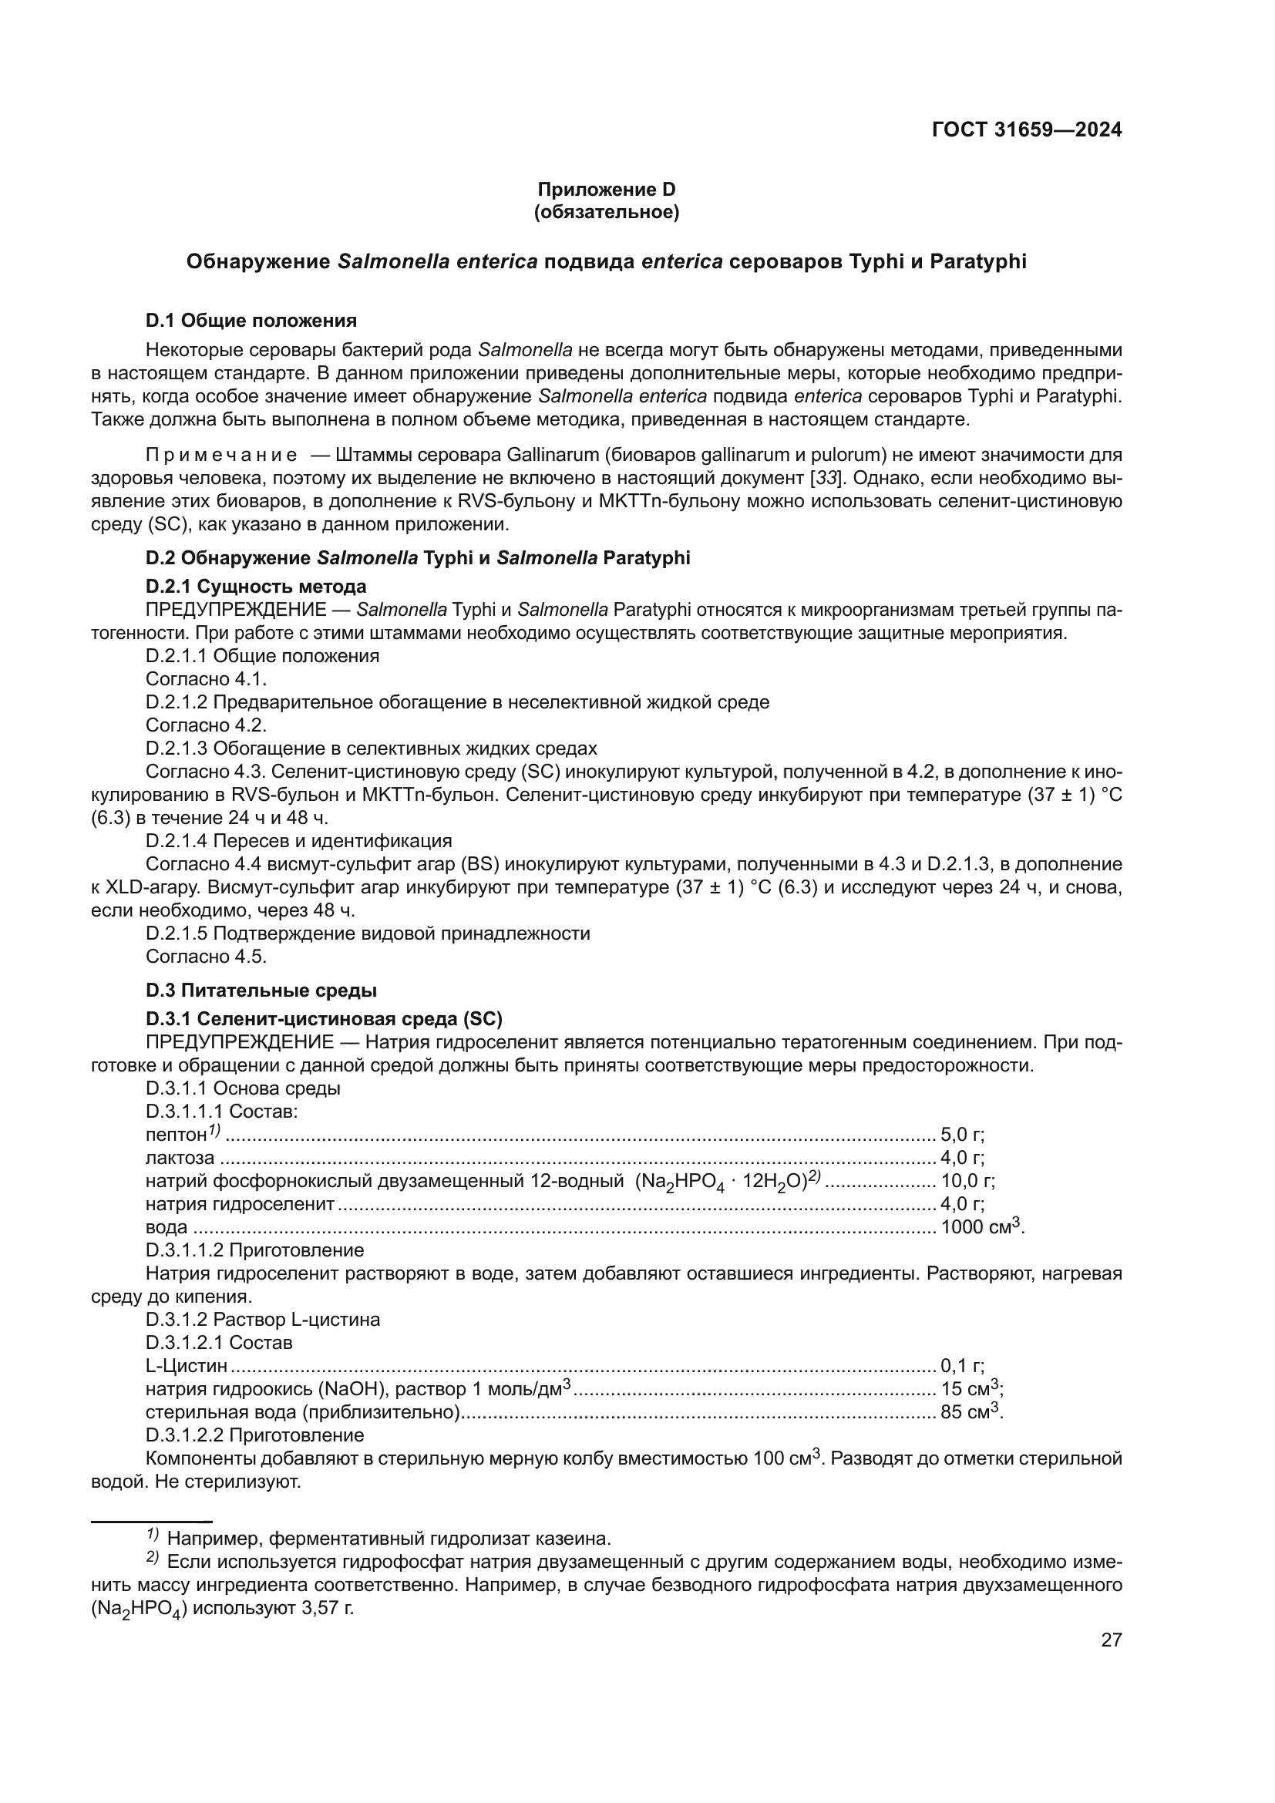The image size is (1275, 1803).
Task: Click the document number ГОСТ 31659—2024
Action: click(x=1026, y=130)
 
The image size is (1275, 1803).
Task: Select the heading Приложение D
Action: click(x=606, y=190)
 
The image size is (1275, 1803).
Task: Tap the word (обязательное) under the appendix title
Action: click(x=606, y=212)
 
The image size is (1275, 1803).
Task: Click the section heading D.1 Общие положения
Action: click(x=251, y=321)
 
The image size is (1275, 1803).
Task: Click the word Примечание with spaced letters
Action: click(x=221, y=456)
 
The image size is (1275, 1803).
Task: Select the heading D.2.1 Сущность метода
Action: click(x=256, y=587)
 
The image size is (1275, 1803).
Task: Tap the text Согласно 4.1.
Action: click(x=207, y=679)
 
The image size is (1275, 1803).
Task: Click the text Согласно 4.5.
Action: click(x=207, y=957)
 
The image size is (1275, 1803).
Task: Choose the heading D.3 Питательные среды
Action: click(x=261, y=991)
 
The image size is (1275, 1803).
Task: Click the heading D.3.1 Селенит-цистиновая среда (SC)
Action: click(x=325, y=1019)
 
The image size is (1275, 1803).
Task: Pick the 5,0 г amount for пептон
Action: click(x=963, y=1135)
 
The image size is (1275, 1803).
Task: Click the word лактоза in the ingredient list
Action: click(x=180, y=1158)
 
